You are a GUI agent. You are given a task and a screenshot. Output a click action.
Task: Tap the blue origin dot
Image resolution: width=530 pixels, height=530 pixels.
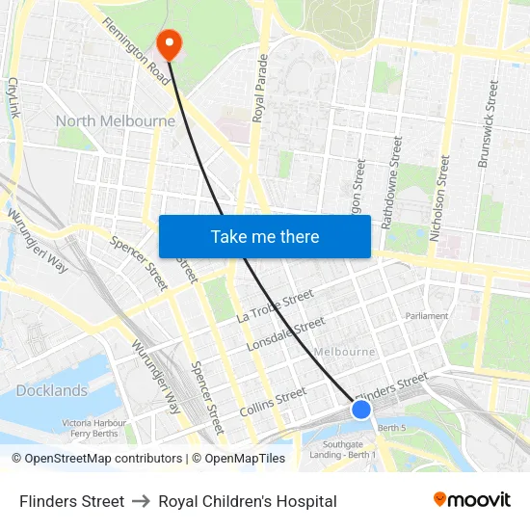click(x=361, y=410)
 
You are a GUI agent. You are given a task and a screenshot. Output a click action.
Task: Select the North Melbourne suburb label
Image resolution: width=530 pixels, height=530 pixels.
click(x=116, y=121)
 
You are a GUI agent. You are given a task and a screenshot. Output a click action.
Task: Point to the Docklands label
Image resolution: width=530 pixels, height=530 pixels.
click(x=52, y=390)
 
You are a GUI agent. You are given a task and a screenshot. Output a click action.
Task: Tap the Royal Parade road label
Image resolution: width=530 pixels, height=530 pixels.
click(x=259, y=88)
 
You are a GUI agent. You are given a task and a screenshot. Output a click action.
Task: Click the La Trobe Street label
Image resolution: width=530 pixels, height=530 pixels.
click(x=275, y=305)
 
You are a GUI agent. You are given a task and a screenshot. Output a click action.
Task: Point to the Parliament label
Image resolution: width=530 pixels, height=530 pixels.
click(x=427, y=315)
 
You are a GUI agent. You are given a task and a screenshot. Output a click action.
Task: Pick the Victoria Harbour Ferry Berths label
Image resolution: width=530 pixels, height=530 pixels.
click(x=93, y=428)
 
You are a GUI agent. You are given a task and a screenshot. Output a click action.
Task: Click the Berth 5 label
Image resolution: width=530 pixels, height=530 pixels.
click(x=393, y=427)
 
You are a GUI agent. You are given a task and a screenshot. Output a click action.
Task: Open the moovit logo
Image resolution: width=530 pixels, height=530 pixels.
click(x=471, y=499)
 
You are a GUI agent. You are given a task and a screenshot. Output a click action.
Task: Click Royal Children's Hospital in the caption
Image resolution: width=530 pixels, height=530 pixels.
click(x=248, y=501)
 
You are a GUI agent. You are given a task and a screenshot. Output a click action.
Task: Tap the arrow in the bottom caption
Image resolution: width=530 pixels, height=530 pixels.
click(x=141, y=501)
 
